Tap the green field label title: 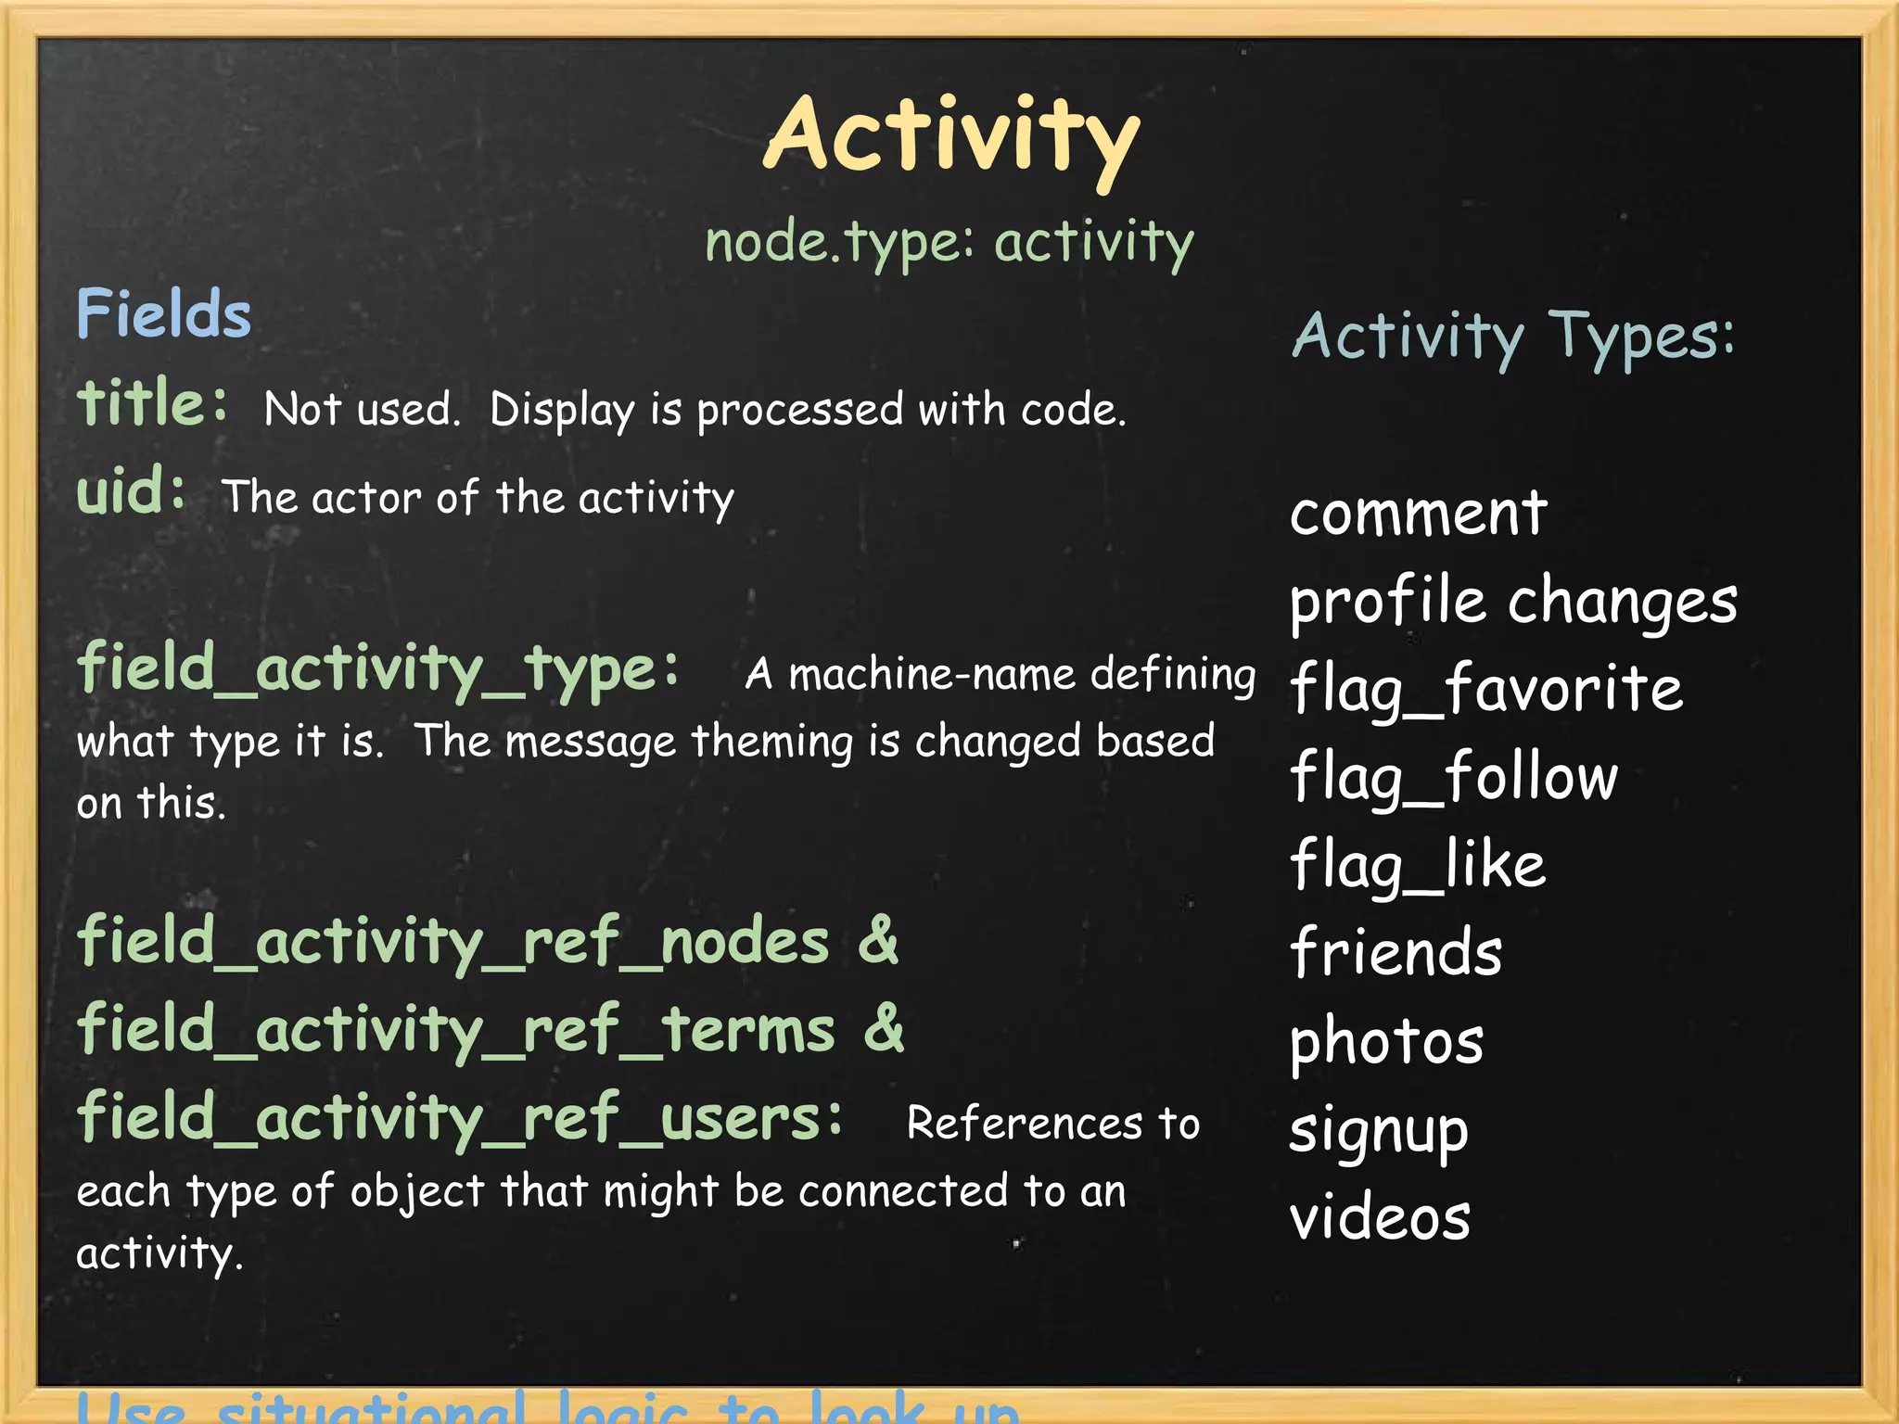pos(152,404)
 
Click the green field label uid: pos(131,490)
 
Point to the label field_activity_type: pos(378,669)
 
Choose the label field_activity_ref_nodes pos(452,942)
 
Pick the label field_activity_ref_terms pos(456,1030)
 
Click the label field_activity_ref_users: pos(460,1118)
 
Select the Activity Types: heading pos(1512,336)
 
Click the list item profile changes pos(1513,601)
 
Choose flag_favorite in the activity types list pos(1485,689)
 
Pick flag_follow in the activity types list pos(1453,777)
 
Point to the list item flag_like pos(1418,865)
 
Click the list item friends pos(1396,953)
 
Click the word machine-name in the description pos(933,674)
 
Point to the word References pos(1024,1124)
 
